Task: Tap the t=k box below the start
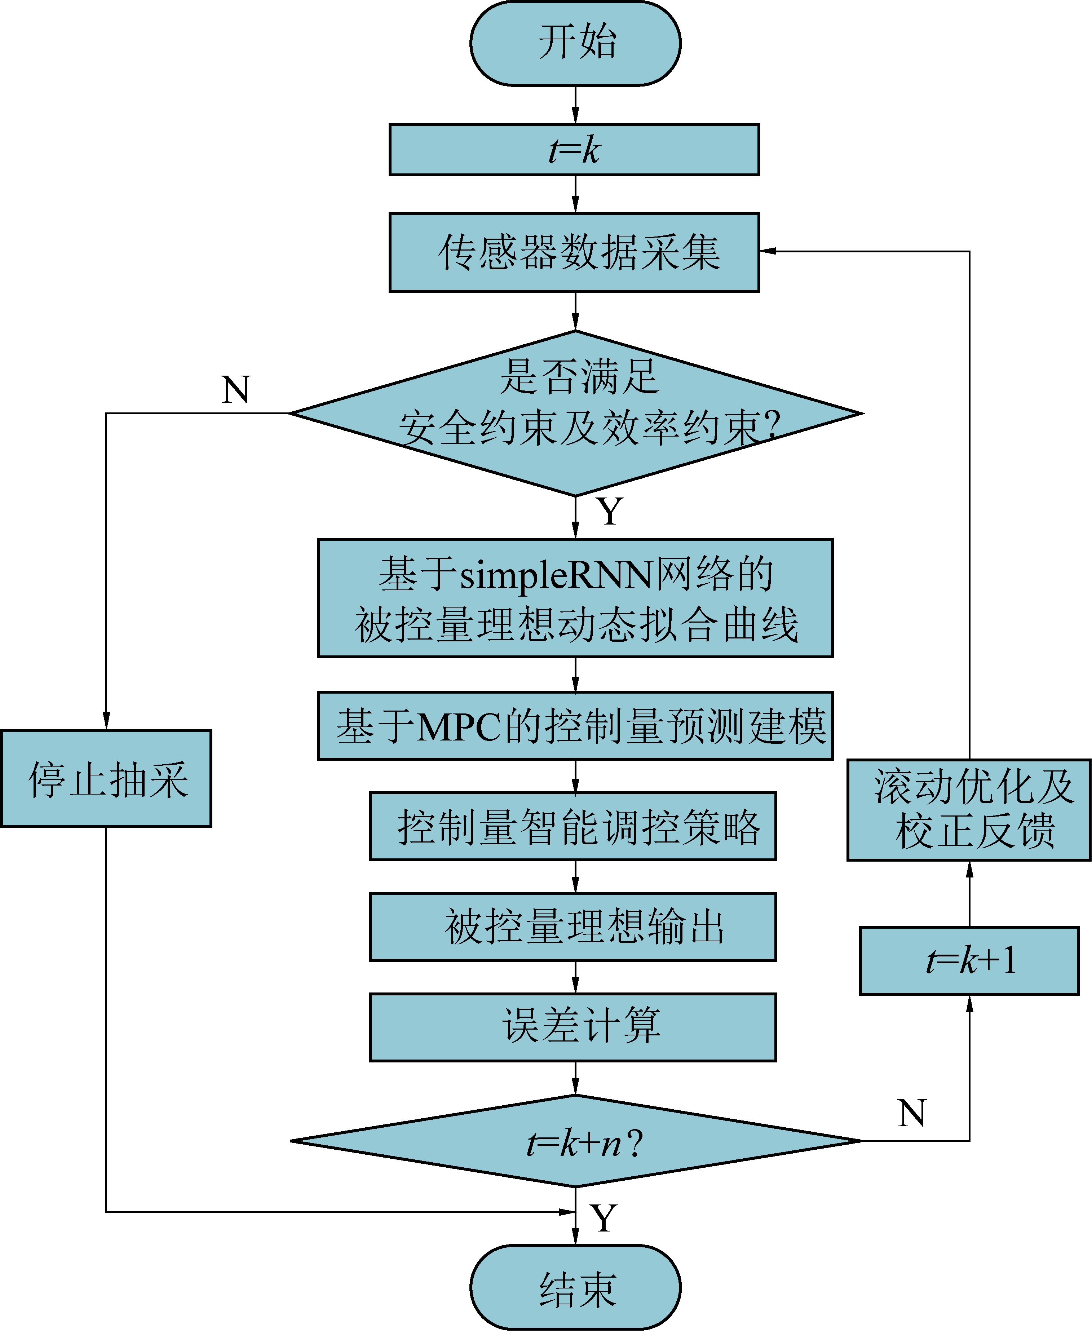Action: (574, 150)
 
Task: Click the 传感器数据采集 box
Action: (574, 252)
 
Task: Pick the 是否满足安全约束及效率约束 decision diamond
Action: (576, 413)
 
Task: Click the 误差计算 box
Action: (573, 1027)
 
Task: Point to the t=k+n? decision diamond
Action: (576, 1140)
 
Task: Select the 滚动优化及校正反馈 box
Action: (969, 810)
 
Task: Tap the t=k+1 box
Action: (969, 960)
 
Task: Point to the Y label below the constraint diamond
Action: (610, 512)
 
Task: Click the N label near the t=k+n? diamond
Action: (911, 1113)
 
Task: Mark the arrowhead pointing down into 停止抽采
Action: (106, 721)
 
